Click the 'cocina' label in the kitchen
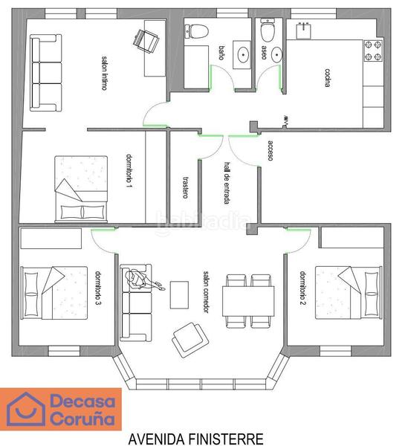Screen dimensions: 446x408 pos(327,78)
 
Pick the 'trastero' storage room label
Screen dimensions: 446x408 pos(185,187)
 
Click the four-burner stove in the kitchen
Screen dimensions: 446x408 pos(372,51)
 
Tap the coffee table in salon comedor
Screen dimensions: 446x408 pos(179,294)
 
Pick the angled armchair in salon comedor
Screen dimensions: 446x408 pos(188,339)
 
